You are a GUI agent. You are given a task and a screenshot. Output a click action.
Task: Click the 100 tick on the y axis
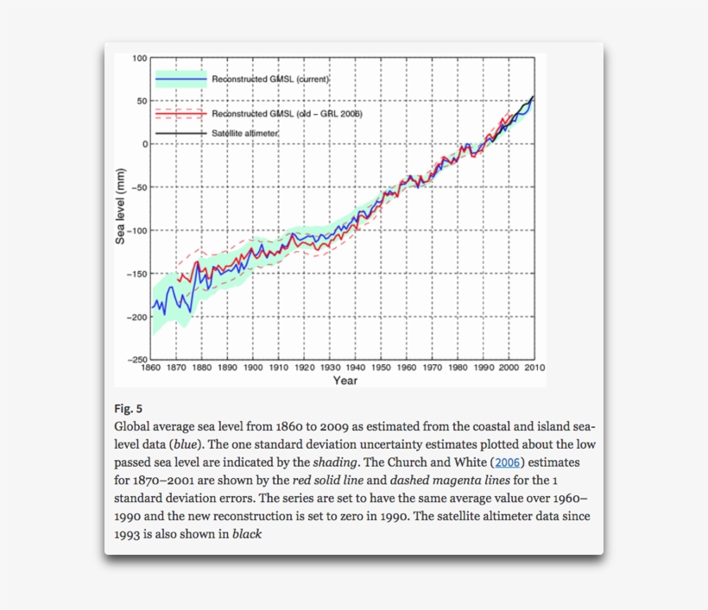[140, 58]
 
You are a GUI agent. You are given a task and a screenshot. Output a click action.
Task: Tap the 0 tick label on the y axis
[145, 144]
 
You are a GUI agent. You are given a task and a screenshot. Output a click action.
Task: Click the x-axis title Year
[345, 380]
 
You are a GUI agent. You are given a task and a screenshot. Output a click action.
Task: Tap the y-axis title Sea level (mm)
[121, 207]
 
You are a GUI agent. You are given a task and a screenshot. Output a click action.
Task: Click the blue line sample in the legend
[181, 79]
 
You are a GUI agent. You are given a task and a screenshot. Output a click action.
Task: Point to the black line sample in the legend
[181, 134]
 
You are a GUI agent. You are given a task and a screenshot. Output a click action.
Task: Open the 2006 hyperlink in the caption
[508, 462]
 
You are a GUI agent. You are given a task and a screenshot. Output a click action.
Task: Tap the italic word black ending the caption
[246, 533]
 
